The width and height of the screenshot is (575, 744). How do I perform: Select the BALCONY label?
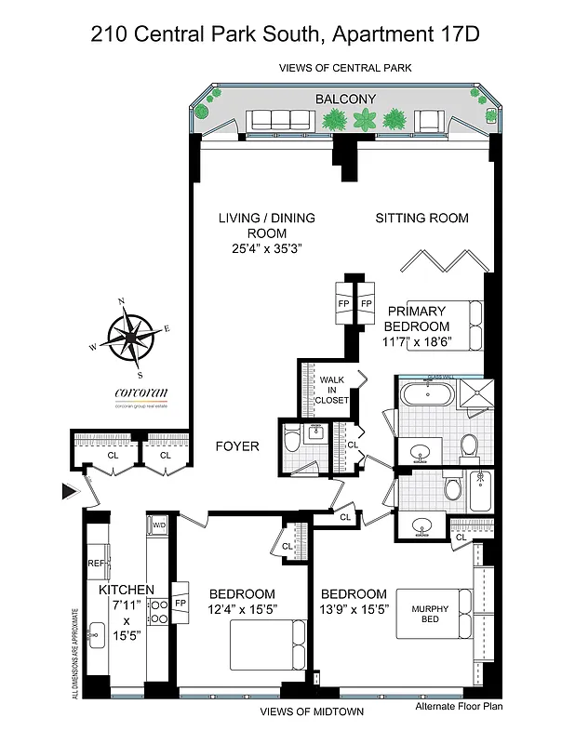[344, 99]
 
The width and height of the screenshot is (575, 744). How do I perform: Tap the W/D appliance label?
[159, 526]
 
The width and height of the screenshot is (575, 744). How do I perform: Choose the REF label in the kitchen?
[96, 563]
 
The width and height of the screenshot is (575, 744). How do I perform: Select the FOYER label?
[236, 446]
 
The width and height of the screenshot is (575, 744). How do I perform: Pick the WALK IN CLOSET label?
[332, 390]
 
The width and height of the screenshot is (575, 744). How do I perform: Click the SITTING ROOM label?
[421, 219]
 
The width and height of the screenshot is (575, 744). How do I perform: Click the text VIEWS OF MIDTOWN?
[312, 711]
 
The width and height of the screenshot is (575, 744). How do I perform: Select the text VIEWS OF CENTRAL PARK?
[345, 68]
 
